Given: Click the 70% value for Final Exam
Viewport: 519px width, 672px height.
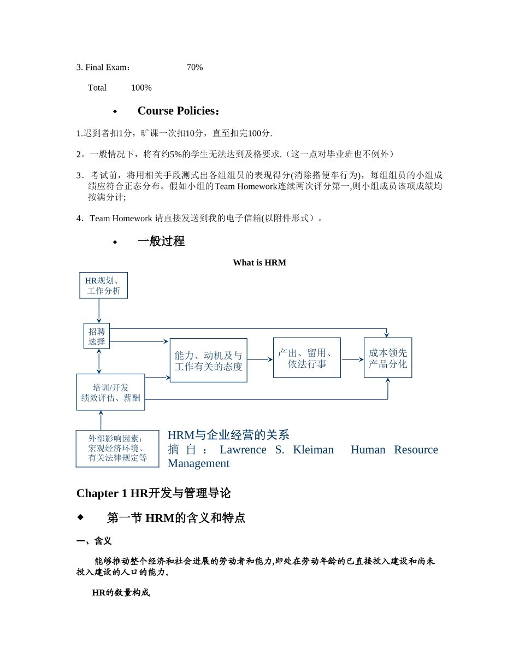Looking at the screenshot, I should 194,67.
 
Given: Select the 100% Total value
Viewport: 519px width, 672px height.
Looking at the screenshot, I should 141,88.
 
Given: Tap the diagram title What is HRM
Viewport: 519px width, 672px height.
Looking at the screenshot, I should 259,263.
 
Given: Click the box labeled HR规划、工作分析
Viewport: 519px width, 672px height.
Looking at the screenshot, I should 103,286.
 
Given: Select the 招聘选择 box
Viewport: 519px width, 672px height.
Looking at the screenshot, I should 97,337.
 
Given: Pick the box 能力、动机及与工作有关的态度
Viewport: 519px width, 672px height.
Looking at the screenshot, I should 208,361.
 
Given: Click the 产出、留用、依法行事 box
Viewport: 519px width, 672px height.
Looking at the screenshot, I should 306,358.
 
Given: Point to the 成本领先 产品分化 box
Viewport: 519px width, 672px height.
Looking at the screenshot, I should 388,358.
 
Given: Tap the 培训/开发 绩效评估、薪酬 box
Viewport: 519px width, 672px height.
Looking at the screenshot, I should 110,392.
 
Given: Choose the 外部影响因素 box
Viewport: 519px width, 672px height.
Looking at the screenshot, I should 117,449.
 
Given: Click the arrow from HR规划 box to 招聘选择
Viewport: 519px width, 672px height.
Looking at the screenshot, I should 99,311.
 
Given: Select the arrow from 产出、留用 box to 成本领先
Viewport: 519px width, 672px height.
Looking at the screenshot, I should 352,359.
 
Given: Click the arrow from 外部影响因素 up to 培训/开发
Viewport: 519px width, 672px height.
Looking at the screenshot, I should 101,420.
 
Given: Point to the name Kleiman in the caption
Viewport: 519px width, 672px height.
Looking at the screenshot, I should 313,450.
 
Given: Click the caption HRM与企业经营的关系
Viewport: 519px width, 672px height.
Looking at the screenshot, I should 228,435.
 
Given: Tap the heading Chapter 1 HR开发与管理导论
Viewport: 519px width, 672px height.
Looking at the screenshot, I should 154,493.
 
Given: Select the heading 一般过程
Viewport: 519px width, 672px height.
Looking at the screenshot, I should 161,241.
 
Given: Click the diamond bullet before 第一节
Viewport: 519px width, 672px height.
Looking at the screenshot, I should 80,517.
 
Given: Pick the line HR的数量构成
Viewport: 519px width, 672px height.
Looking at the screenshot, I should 120,593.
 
